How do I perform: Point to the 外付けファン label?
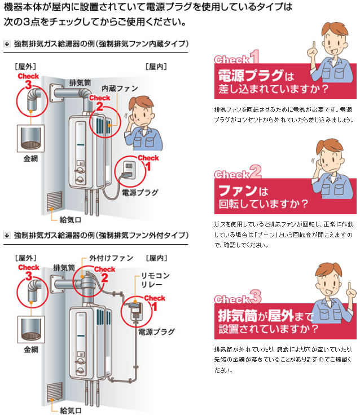tap(112, 258)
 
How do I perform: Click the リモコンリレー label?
tap(156, 282)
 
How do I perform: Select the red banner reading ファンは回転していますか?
tap(263, 195)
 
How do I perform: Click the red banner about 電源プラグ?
tap(263, 82)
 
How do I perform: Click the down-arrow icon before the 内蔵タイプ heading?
tap(7, 43)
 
